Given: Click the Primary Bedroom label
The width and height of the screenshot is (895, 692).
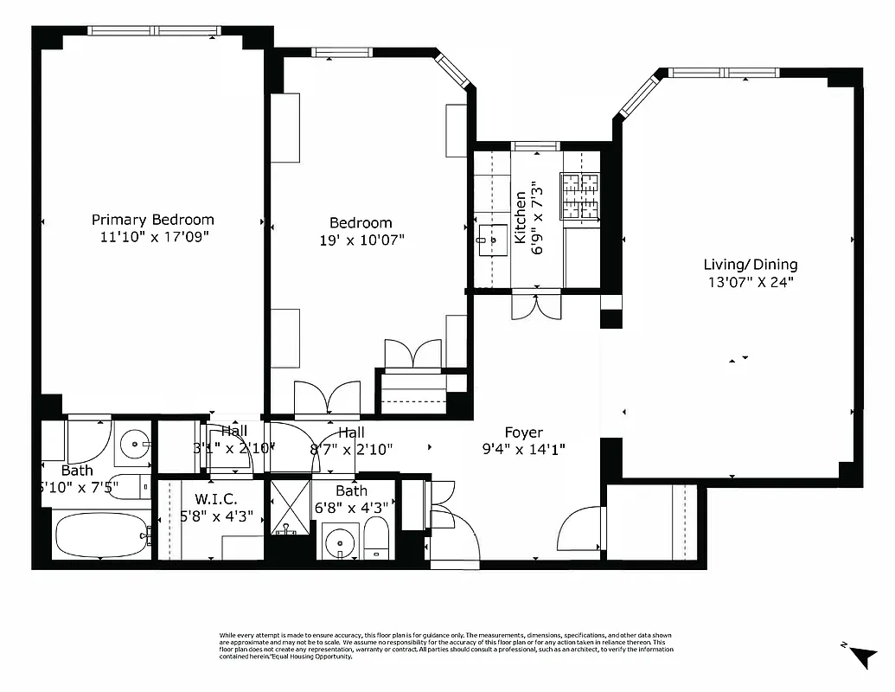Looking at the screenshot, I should pyautogui.click(x=152, y=220).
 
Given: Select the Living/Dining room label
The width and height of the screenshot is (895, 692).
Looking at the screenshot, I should pyautogui.click(x=750, y=265).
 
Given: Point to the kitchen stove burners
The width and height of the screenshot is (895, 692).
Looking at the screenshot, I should pyautogui.click(x=580, y=194).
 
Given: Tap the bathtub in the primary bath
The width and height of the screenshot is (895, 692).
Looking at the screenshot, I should pyautogui.click(x=101, y=535).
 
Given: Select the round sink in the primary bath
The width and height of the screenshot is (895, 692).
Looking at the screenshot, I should pyautogui.click(x=134, y=445).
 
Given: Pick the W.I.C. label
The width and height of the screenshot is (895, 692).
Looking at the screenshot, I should pyautogui.click(x=210, y=499).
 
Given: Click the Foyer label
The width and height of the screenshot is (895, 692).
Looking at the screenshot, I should pyautogui.click(x=524, y=432).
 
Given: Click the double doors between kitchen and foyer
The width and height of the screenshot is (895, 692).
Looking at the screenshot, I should pyautogui.click(x=536, y=306).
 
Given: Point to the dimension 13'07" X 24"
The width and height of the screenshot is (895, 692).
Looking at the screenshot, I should pyautogui.click(x=750, y=281).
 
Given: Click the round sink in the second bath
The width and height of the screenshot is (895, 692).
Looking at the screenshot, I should pyautogui.click(x=341, y=544).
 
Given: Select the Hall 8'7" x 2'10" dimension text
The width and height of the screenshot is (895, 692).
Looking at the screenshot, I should pyautogui.click(x=351, y=449).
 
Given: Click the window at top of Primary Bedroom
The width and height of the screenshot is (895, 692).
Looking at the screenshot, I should pyautogui.click(x=153, y=30).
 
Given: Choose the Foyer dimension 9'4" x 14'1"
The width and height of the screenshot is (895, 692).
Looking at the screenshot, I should pyautogui.click(x=524, y=449).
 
